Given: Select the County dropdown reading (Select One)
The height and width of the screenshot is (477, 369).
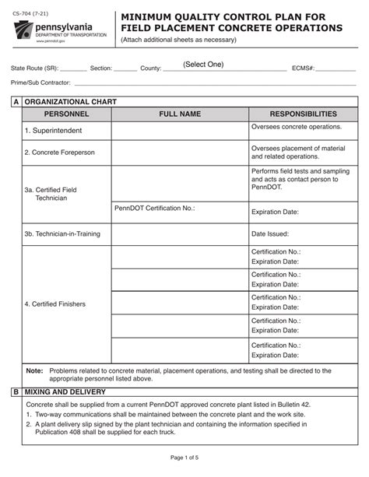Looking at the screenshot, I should tap(203, 65).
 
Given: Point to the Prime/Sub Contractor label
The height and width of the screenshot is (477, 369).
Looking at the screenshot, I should tap(40, 82).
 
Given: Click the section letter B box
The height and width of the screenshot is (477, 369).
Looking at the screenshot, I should tap(16, 392).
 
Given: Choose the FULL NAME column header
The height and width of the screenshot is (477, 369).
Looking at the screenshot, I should tap(180, 114).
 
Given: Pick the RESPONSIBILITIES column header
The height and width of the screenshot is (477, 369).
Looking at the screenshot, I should tap(303, 114).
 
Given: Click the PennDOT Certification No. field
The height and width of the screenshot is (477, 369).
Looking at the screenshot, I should tap(155, 208).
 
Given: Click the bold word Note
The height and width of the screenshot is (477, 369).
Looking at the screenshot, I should tap(35, 371).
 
